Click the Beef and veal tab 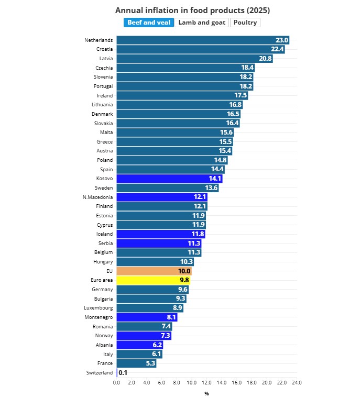pos(149,23)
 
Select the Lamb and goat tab pos(202,23)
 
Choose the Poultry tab pos(245,23)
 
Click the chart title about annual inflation pos(192,10)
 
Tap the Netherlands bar pos(202,40)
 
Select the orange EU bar pos(154,271)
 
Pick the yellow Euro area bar pos(153,280)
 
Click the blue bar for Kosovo pos(169,179)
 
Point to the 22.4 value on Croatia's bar pos(277,49)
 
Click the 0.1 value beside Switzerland pos(123,372)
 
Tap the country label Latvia pos(105,58)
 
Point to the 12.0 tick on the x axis pos(206,382)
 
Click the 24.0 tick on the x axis pos(297,382)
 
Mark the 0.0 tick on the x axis pos(116,382)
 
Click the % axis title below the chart pos(206,393)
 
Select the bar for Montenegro pos(147,317)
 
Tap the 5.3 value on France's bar pos(150,363)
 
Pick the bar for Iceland pos(160,234)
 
